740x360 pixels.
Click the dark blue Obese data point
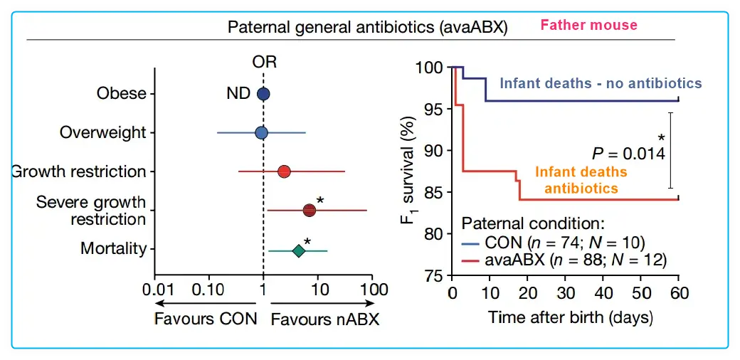pyautogui.click(x=263, y=94)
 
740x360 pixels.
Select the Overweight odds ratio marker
pyautogui.click(x=261, y=133)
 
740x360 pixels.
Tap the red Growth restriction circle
pyautogui.click(x=284, y=171)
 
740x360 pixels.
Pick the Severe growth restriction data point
pyautogui.click(x=309, y=210)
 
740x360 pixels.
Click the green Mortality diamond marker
pyautogui.click(x=299, y=250)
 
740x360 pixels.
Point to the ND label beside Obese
pyautogui.click(x=238, y=94)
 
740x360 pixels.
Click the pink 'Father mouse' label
pyautogui.click(x=588, y=26)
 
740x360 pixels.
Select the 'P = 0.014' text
pyautogui.click(x=628, y=154)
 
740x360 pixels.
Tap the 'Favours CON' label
pyautogui.click(x=206, y=319)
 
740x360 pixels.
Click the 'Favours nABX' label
pyautogui.click(x=325, y=319)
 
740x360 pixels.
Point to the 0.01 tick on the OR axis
pyautogui.click(x=157, y=290)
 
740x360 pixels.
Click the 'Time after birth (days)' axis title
pyautogui.click(x=571, y=317)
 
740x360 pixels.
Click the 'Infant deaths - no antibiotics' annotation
pyautogui.click(x=601, y=83)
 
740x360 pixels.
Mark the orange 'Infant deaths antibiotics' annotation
pyautogui.click(x=581, y=180)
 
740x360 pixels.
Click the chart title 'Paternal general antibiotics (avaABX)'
pyautogui.click(x=367, y=28)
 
